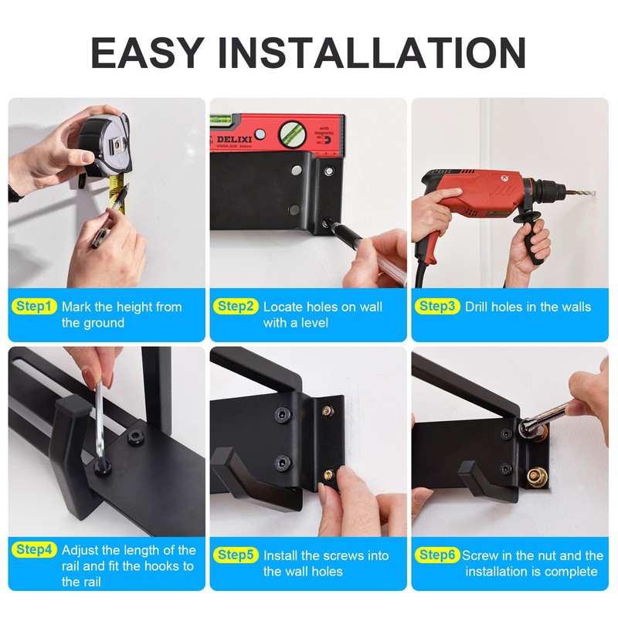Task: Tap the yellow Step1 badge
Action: tap(34, 307)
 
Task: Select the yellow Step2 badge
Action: tap(236, 307)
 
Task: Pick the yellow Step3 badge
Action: tap(437, 307)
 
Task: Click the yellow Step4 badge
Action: tap(34, 550)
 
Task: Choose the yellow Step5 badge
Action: tap(236, 555)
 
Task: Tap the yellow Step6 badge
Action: tap(437, 555)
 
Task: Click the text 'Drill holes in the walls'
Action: tap(528, 307)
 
